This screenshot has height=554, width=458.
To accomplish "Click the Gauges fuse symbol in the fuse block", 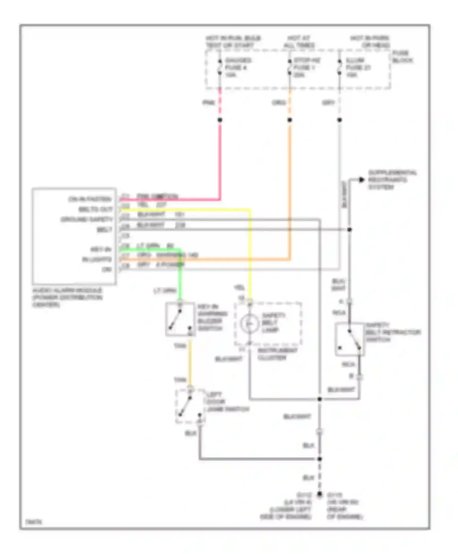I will pyautogui.click(x=220, y=67).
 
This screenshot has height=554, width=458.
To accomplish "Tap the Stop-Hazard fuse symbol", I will pyautogui.click(x=289, y=67).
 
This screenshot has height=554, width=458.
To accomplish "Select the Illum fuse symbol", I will pyautogui.click(x=340, y=67).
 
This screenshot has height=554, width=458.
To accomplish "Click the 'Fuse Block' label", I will pyautogui.click(x=402, y=57).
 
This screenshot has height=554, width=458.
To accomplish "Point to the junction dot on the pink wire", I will pyautogui.click(x=220, y=120).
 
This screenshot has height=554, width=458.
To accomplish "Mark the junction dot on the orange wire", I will pyautogui.click(x=290, y=120).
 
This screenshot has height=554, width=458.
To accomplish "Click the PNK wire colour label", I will pyautogui.click(x=209, y=103).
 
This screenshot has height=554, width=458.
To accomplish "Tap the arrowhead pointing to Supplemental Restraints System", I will pyautogui.click(x=362, y=180).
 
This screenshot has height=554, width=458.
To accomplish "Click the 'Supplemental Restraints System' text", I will pyautogui.click(x=392, y=180).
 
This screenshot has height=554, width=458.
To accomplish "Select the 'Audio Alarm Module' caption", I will pyautogui.click(x=67, y=297).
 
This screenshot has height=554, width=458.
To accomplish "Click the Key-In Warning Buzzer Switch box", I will pyautogui.click(x=180, y=319).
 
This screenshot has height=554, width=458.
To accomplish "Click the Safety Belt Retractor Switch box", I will pyautogui.click(x=350, y=339).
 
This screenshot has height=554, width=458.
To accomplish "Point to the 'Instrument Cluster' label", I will pyautogui.click(x=277, y=354).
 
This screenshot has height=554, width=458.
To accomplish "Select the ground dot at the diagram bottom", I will pyautogui.click(x=319, y=494).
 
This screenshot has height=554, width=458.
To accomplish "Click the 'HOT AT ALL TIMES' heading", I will pyautogui.click(x=299, y=42).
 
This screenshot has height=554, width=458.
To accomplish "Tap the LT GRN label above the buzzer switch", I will pyautogui.click(x=165, y=291).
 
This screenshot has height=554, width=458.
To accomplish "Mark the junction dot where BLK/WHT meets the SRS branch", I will pyautogui.click(x=350, y=230).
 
